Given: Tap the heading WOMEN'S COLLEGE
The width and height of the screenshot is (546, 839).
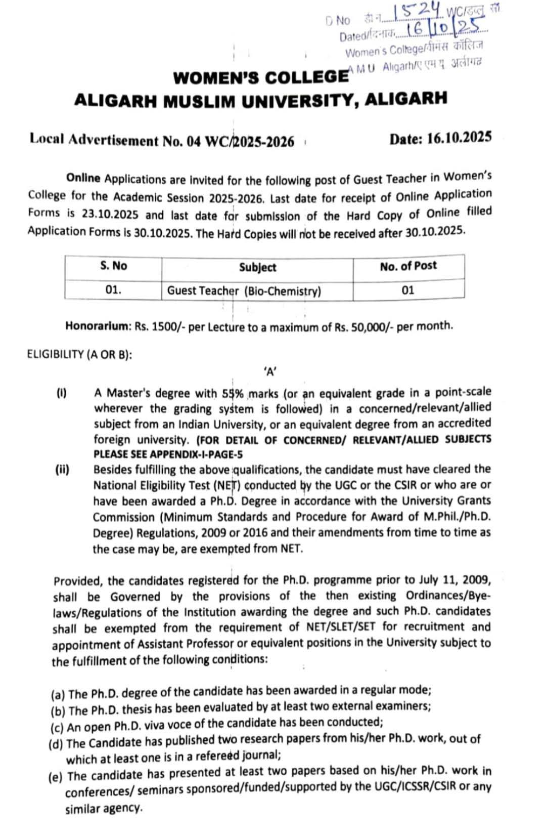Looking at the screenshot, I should [x=260, y=78].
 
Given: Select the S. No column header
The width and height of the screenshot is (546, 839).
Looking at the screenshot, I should [x=113, y=266].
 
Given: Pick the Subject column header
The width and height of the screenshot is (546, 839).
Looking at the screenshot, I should [x=257, y=267].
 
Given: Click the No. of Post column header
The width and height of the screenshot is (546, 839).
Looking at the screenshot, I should [x=408, y=266].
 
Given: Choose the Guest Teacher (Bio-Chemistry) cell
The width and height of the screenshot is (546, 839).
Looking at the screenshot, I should [x=244, y=291].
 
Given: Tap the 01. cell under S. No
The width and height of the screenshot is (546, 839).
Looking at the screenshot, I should [x=114, y=290].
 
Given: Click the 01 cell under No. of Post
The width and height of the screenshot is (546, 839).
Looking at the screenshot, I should [x=407, y=290].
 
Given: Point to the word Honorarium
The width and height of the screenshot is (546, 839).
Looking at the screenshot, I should [x=99, y=326].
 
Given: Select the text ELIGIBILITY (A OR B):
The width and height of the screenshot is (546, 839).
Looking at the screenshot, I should [x=79, y=354].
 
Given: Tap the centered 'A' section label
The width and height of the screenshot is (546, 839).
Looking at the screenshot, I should [x=269, y=372].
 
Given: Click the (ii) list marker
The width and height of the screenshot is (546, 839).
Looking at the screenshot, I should [x=62, y=470].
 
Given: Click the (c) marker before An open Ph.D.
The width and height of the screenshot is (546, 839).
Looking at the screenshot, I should [x=57, y=728].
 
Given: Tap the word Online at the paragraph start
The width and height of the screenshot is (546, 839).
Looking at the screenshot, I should [x=83, y=179].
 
